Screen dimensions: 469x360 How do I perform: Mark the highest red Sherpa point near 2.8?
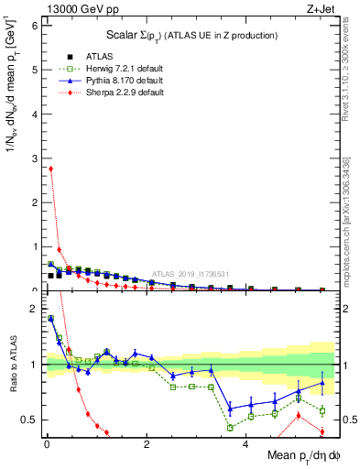pos(50,169)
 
